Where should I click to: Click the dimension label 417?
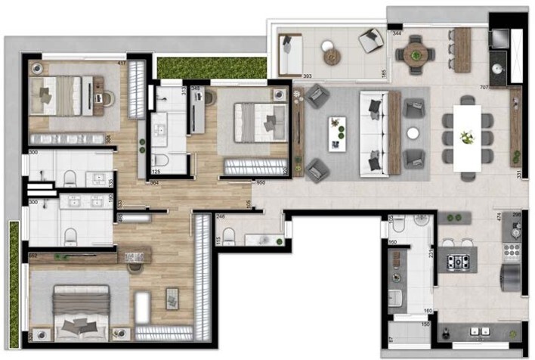coord(122,62)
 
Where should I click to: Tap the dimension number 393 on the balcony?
coord(287,76)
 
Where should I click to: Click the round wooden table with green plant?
coord(415,51)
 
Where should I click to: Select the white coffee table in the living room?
coord(337,132)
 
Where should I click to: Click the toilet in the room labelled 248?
coord(230,237)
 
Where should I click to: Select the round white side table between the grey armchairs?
coord(413,132)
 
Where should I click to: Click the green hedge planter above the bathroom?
coord(212,67)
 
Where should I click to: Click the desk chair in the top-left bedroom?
coord(104,95)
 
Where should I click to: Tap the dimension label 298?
coord(517,216)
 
